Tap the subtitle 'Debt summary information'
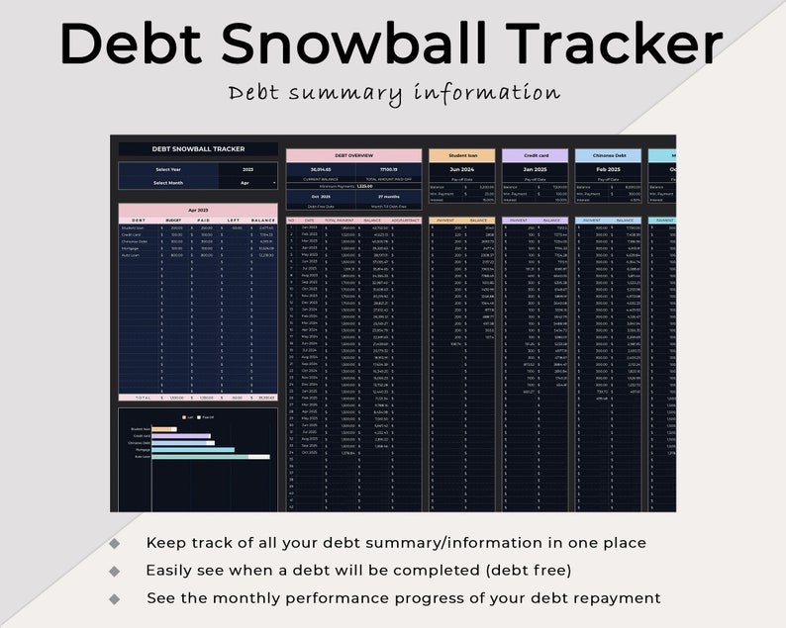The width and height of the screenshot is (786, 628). click(394, 93)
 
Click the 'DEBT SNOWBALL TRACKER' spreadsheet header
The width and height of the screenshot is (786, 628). click(198, 149)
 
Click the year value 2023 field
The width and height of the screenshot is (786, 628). click(247, 169)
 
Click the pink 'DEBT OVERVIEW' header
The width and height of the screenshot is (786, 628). click(354, 155)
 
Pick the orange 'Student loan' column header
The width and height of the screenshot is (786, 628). click(461, 155)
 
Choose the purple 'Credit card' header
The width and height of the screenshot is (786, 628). click(535, 155)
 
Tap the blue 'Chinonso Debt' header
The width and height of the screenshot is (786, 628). click(607, 155)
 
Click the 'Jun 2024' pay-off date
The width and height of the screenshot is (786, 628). click(461, 169)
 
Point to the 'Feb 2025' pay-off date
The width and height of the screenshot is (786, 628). click(607, 169)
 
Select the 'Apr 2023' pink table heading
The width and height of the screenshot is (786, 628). click(198, 211)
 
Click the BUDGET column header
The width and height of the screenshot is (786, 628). click(173, 221)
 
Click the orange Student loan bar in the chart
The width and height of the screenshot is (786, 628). click(164, 429)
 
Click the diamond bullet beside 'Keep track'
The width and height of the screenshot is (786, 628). click(115, 543)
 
